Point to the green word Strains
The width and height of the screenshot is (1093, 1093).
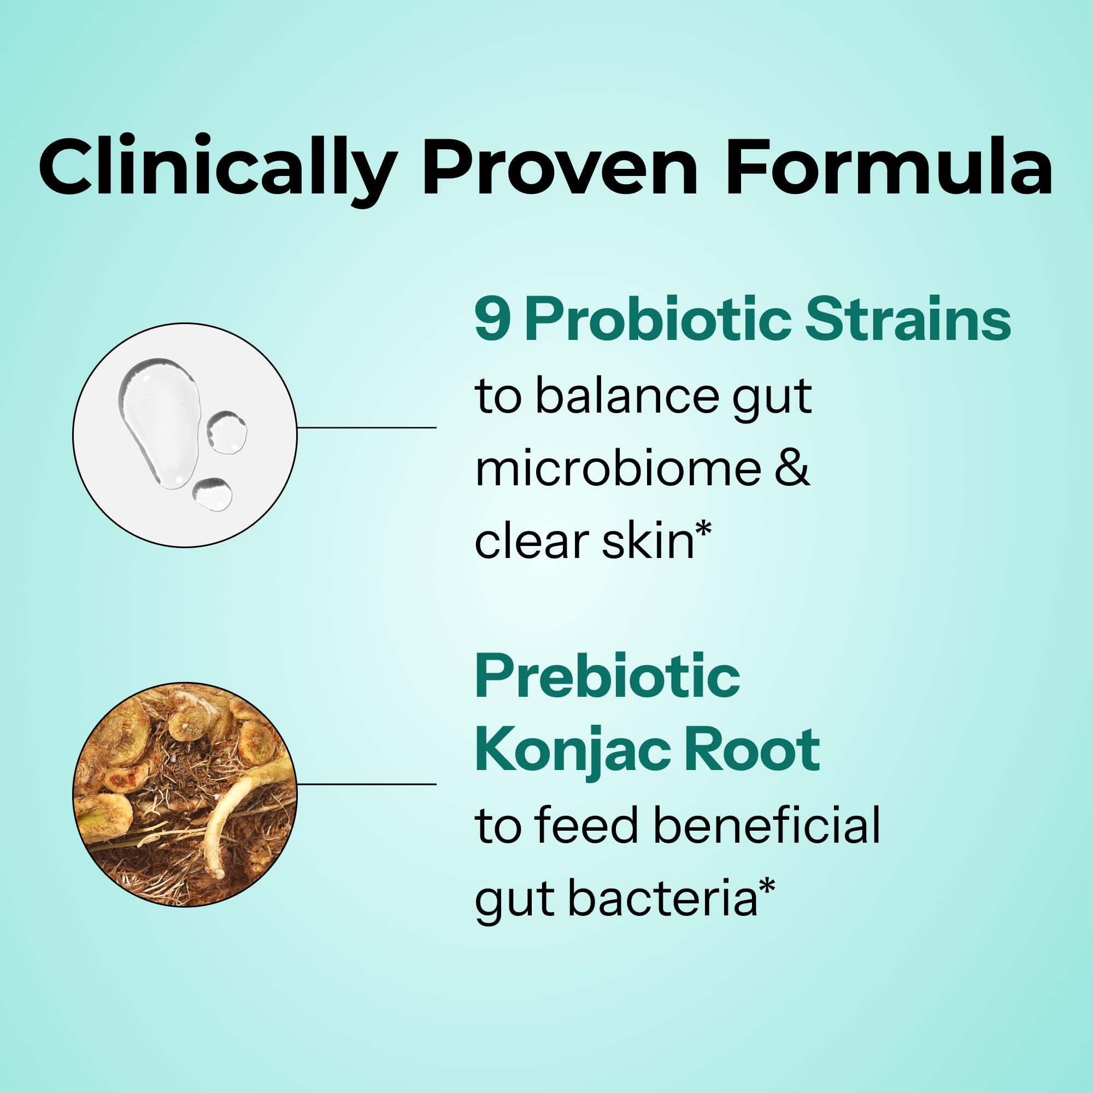click(907, 320)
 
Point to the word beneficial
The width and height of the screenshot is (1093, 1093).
click(767, 825)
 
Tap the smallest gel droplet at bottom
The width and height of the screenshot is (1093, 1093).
click(213, 494)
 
